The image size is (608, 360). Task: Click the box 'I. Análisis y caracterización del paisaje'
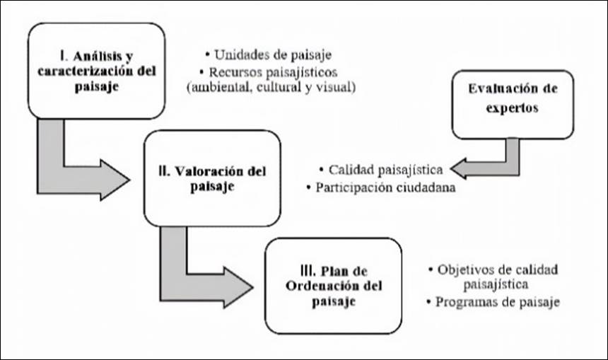tap(96, 70)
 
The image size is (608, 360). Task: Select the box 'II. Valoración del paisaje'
tap(212, 178)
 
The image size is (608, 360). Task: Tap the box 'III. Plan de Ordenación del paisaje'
tap(332, 285)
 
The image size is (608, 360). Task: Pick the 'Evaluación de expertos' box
tap(512, 103)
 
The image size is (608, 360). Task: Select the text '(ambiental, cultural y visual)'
tap(270, 88)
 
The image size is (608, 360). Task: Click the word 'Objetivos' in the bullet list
tap(464, 269)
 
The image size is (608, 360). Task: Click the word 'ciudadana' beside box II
tap(423, 188)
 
